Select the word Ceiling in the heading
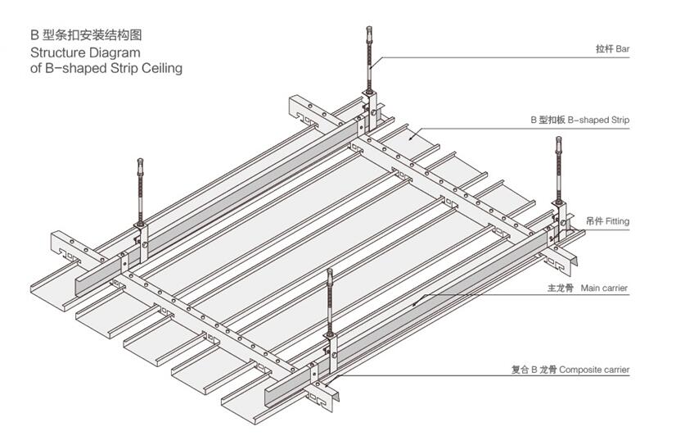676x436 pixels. [160, 68]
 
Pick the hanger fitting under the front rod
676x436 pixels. [331, 343]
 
